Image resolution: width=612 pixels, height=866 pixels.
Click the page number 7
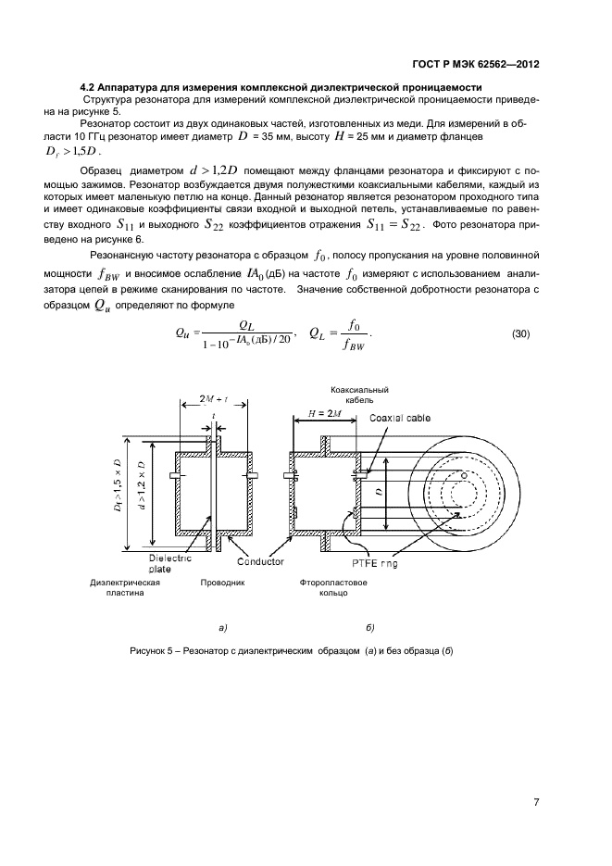coord(535,801)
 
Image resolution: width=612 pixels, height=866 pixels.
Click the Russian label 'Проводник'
coord(222,584)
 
